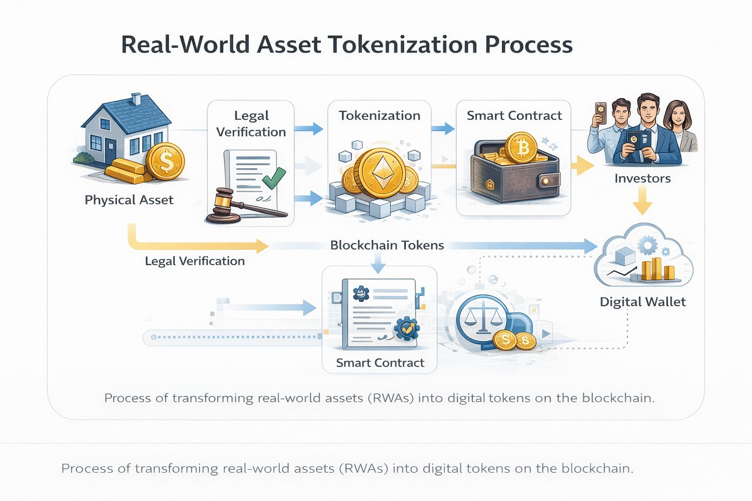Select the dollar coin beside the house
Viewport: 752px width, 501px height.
tap(165, 161)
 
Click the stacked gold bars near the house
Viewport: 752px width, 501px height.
tap(125, 171)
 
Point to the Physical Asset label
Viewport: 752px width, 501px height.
tap(129, 200)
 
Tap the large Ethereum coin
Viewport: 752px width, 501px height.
tap(380, 173)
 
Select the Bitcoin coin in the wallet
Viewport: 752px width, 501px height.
tap(521, 147)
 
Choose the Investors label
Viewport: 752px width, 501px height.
tap(642, 178)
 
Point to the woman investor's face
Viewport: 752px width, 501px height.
tap(677, 116)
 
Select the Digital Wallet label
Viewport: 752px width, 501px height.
tap(642, 302)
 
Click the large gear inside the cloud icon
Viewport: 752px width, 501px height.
tap(648, 245)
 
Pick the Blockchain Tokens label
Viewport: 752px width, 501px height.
tap(387, 245)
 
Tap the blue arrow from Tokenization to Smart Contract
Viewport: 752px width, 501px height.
tap(443, 129)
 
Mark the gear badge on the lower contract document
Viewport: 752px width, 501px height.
tap(406, 328)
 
